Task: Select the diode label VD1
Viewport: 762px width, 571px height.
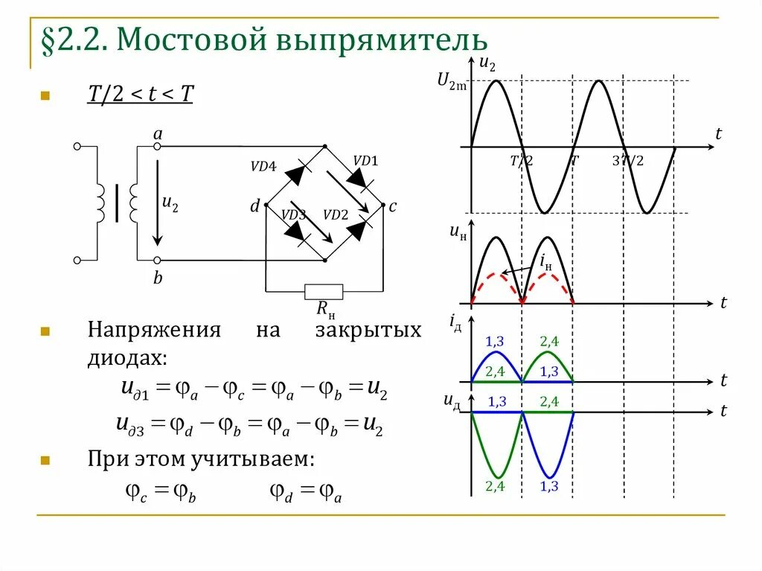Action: click(x=365, y=160)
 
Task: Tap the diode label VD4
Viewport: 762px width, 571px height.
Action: click(x=263, y=168)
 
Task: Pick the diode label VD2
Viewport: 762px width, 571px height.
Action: click(x=336, y=214)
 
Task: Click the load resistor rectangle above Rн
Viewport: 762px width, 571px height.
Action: click(x=324, y=291)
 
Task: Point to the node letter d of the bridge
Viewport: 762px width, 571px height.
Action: click(x=254, y=206)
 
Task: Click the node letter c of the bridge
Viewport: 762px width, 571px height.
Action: click(x=392, y=206)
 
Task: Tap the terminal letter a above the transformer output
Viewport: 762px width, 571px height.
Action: click(x=157, y=134)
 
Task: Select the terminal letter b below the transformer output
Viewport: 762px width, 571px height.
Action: click(x=158, y=278)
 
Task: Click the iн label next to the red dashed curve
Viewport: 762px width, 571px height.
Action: click(x=545, y=262)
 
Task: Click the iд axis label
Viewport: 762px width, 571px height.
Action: click(x=455, y=322)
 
